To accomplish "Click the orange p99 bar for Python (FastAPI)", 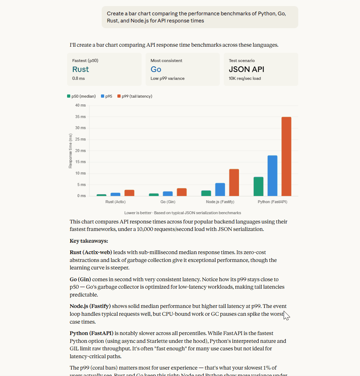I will click(x=286, y=156).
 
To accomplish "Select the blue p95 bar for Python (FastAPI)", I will click(x=272, y=176).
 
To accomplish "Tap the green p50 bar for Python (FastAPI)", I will click(x=258, y=186).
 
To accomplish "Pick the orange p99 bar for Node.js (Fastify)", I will click(x=234, y=182).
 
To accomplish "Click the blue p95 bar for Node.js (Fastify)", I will click(x=220, y=190).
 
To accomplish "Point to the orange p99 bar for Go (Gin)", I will click(x=182, y=192).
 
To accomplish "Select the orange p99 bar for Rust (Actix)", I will click(x=130, y=193).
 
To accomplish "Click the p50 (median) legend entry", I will click(x=81, y=96).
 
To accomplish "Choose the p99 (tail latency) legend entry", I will click(x=135, y=96).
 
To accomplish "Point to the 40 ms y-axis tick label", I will click(x=80, y=105).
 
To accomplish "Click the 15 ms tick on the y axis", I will click(x=80, y=162).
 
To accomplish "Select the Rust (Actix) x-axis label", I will click(x=115, y=202).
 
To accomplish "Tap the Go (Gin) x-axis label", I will click(x=168, y=202).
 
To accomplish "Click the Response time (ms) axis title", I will click(x=70, y=151).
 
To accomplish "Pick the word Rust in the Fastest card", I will click(x=81, y=69).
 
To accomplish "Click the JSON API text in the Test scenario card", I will click(x=247, y=69).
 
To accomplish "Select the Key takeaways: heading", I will click(x=89, y=241).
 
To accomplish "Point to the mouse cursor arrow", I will click(x=286, y=315).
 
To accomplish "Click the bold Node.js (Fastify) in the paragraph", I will click(x=90, y=306).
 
